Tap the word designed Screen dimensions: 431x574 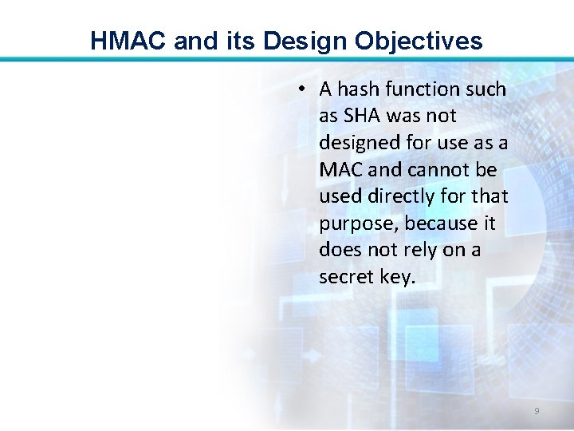click(354, 143)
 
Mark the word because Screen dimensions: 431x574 click(435, 223)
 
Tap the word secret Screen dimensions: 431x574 click(344, 277)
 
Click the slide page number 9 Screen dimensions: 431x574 click(537, 411)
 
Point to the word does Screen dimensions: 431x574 click(340, 250)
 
